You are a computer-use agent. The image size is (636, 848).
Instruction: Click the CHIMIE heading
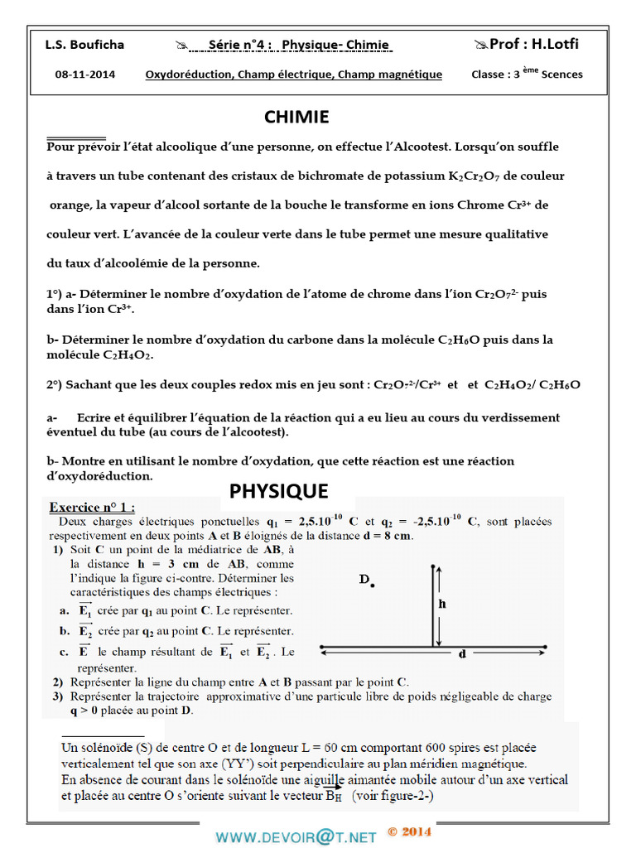pos(296,118)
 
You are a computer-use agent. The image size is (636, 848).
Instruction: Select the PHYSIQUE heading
pos(278,491)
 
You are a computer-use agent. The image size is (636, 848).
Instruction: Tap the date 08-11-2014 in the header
pos(85,75)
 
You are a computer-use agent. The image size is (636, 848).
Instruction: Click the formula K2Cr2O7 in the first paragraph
pos(475,176)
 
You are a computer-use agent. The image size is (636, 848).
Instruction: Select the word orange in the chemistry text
pos(68,205)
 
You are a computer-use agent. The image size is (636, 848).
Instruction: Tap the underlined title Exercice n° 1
pos(92,507)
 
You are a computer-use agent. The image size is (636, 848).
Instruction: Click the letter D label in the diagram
pos(364,580)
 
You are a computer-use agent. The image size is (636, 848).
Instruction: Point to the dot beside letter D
pos(373,585)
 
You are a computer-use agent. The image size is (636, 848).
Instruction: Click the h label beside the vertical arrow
pos(442,604)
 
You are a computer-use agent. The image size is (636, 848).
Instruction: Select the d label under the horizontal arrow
pos(462,654)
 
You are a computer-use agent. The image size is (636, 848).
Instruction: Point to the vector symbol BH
pos(334,796)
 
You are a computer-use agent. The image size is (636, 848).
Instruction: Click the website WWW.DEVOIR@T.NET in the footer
pos(296,837)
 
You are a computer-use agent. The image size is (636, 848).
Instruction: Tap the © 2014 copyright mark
pos(409,832)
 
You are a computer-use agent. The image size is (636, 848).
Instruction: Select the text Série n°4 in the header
pos(235,45)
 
